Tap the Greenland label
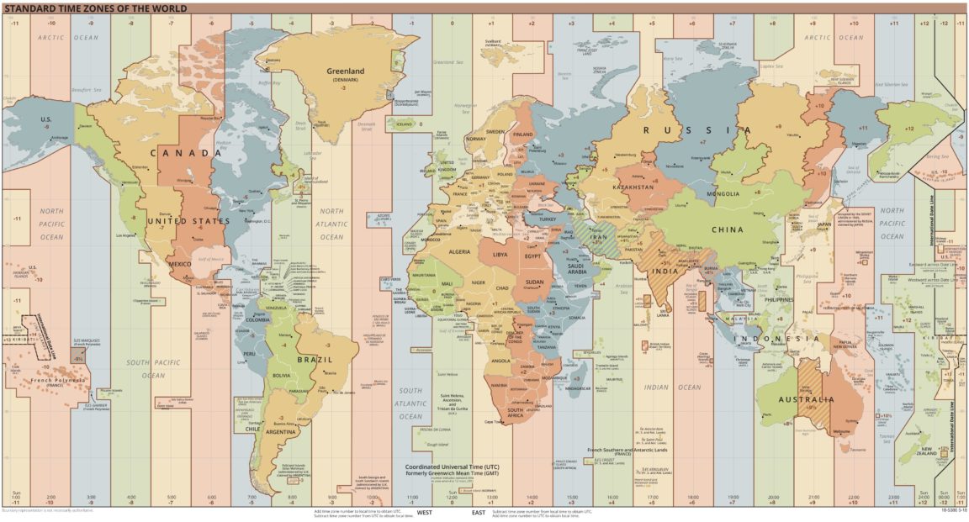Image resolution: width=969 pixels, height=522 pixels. (x=346, y=71)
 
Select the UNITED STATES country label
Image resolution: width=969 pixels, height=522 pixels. (x=188, y=221)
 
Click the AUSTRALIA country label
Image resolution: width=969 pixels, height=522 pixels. (x=805, y=399)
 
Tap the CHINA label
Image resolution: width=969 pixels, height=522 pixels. (x=732, y=229)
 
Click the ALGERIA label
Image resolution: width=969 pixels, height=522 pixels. (x=460, y=251)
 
